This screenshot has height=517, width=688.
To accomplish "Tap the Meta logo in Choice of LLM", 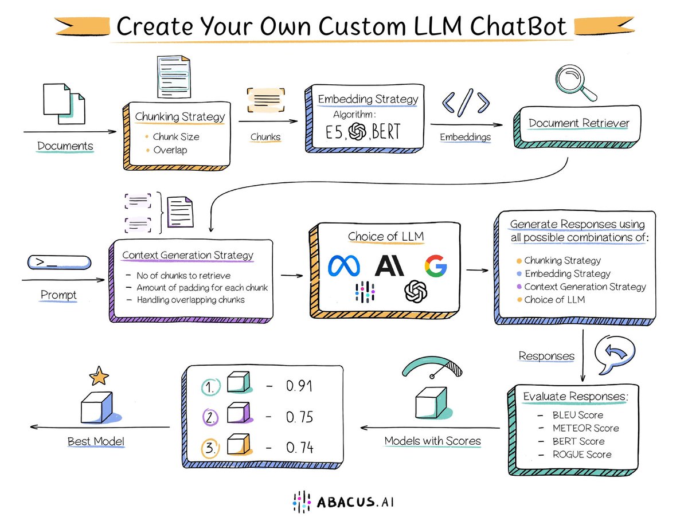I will click(x=345, y=265).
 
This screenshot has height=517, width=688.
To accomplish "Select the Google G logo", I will click(x=436, y=266).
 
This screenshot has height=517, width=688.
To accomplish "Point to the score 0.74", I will click(x=299, y=448).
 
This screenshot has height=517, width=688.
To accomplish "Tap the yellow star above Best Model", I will click(x=99, y=377).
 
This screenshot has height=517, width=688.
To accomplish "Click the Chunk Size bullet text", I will click(x=176, y=137).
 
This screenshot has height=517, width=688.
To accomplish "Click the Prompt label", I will click(x=58, y=295).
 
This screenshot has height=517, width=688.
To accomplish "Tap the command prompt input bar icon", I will click(x=59, y=263).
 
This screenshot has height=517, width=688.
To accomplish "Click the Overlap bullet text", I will click(x=170, y=150).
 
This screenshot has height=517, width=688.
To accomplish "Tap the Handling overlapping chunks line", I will click(x=191, y=300).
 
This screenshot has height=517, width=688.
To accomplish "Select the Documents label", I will click(x=65, y=146).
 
